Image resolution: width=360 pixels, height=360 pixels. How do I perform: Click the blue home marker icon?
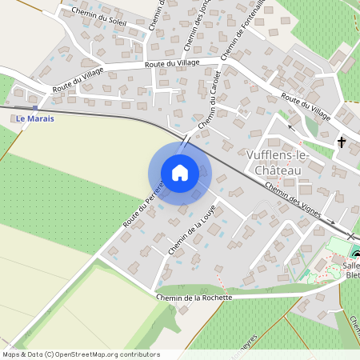point(180,173)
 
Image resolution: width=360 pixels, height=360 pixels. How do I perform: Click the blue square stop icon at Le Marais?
point(36,107)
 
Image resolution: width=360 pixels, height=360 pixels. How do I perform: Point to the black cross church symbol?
point(342,142)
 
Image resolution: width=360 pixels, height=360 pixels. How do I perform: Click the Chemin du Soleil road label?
point(99,17)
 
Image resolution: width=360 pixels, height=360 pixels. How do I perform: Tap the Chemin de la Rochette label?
point(194,297)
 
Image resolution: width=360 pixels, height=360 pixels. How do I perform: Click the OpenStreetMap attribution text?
point(80,354)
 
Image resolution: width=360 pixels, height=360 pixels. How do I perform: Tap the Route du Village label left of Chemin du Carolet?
point(171,64)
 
